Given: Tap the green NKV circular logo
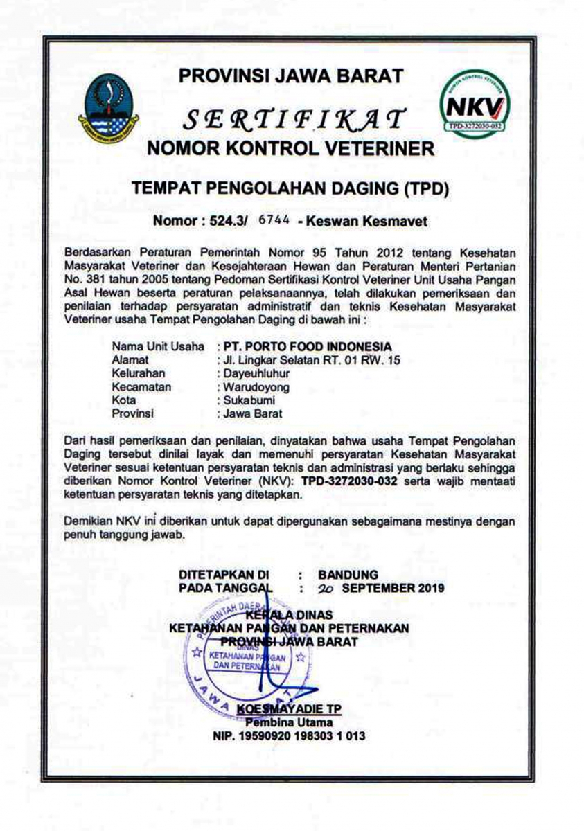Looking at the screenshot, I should (476, 103).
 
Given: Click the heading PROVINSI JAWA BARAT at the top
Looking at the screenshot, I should (290, 75).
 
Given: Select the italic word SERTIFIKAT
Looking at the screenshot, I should (291, 120).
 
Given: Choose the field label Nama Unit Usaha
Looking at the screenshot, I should (158, 346).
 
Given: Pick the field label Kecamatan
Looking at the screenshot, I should (141, 387).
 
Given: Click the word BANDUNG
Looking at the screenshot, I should (348, 574).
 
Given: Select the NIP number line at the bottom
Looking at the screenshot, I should (289, 736).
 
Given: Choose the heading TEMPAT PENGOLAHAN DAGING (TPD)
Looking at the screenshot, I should (291, 187).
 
